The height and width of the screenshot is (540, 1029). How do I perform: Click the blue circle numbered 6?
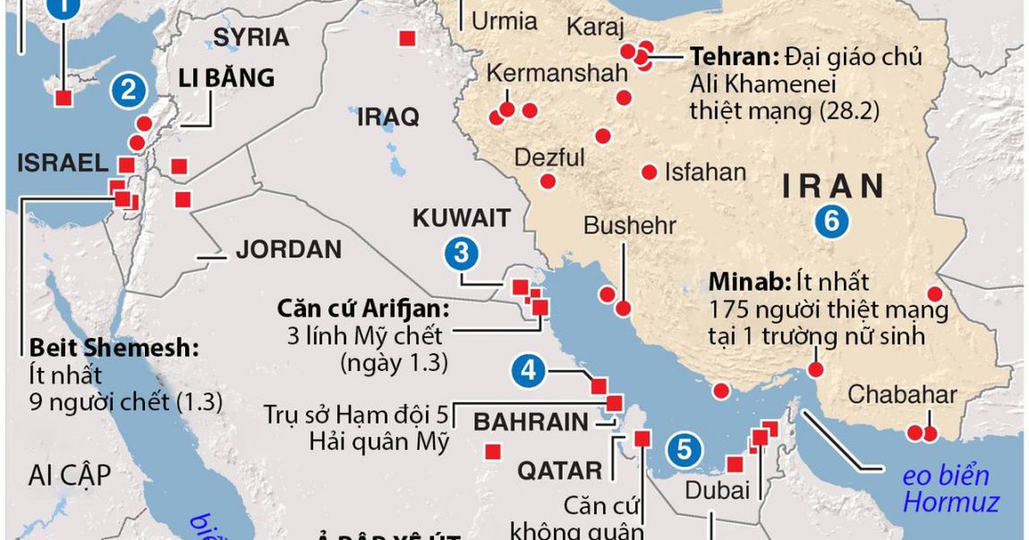click(831, 221)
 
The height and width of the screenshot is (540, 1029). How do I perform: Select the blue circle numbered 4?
click(529, 371)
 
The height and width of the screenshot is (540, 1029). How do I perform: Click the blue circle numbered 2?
click(129, 90)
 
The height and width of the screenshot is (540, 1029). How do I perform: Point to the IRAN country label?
click(832, 185)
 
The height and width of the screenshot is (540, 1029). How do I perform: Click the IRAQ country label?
click(388, 117)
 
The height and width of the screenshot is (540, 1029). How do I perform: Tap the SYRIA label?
click(250, 37)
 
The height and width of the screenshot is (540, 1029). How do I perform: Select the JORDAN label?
click(288, 250)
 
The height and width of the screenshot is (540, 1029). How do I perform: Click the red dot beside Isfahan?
click(649, 171)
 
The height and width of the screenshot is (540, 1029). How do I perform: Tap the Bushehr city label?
click(630, 225)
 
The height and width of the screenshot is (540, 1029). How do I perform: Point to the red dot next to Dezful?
click(547, 181)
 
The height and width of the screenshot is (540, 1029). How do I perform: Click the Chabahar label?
click(901, 395)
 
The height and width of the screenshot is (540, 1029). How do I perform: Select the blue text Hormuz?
click(950, 501)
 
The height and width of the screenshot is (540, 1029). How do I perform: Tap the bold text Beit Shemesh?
click(113, 348)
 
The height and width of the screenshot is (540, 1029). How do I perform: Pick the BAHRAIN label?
click(531, 422)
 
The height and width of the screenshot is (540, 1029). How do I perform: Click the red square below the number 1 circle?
click(63, 98)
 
